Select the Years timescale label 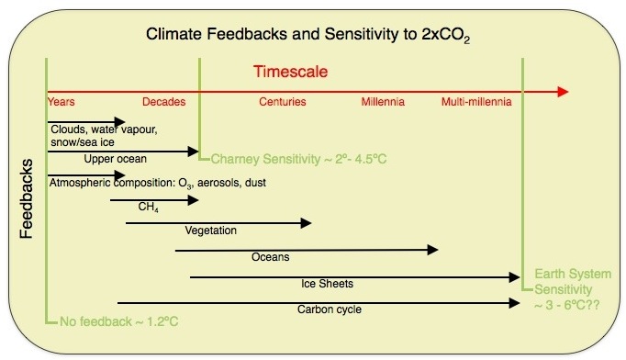pos(61,101)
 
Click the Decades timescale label pos(164,101)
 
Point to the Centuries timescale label pos(283,101)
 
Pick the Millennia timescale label pos(383,101)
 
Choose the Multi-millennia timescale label pos(476,101)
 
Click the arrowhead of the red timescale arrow pos(561,91)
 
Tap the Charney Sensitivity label pos(299,159)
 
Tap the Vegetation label pos(210,231)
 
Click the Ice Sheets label pos(327,283)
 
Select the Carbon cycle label pos(329,309)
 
